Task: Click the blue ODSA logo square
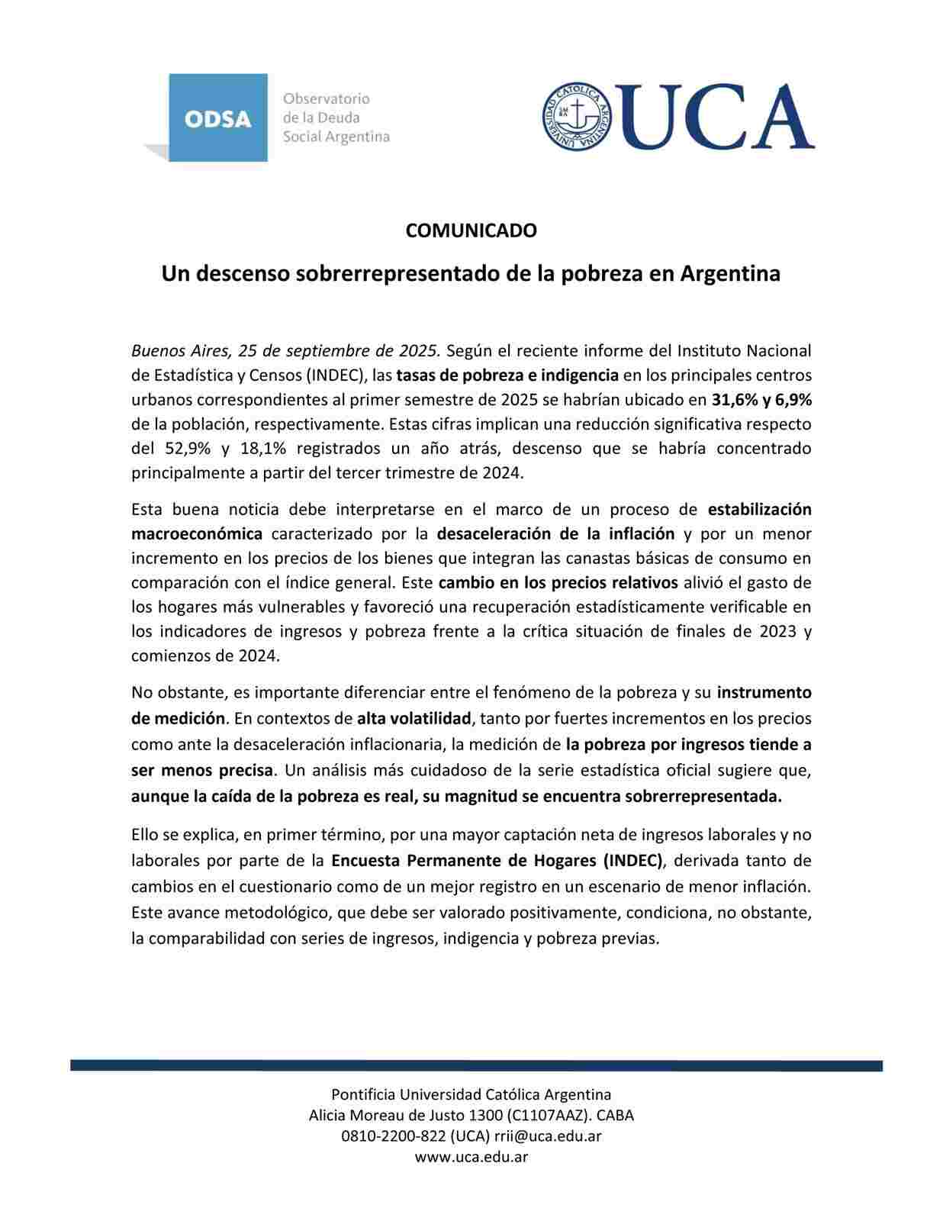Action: pos(217,118)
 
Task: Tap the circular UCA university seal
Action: pos(578,116)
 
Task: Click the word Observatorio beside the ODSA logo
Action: pos(326,98)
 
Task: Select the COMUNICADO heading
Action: pos(471,230)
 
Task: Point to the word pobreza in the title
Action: pos(595,273)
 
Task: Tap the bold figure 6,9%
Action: pos(793,399)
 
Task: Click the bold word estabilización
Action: pos(759,509)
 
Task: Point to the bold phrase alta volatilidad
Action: pos(414,718)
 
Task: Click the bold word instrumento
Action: pos(764,692)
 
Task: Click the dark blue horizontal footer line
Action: pos(476,1065)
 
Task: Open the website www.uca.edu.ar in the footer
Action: pos(471,1156)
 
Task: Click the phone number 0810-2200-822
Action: pos(393,1136)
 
